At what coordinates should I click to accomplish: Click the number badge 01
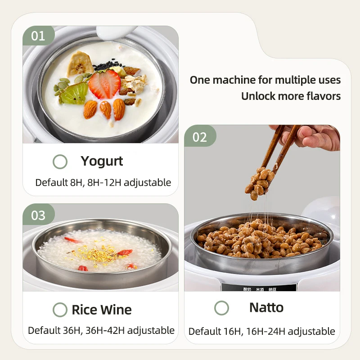[x=38, y=36]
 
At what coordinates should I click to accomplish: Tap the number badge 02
[x=199, y=137]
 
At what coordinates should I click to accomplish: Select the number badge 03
[x=38, y=215]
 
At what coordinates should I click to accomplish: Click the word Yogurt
[x=102, y=161]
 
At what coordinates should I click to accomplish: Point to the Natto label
[x=266, y=308]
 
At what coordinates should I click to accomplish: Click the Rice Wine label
[x=102, y=310]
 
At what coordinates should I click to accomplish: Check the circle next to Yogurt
[x=60, y=162]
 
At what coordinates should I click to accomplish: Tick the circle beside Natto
[x=221, y=308]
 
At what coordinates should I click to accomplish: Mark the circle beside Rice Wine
[x=60, y=310]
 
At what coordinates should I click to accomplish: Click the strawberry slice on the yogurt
[x=104, y=84]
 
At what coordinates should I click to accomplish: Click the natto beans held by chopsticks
[x=260, y=182]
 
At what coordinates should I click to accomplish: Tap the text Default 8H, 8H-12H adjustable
[x=103, y=183]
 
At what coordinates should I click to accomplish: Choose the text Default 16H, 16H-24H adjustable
[x=261, y=332]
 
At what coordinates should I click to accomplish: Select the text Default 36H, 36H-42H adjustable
[x=101, y=330]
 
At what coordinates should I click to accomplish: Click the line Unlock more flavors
[x=291, y=96]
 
